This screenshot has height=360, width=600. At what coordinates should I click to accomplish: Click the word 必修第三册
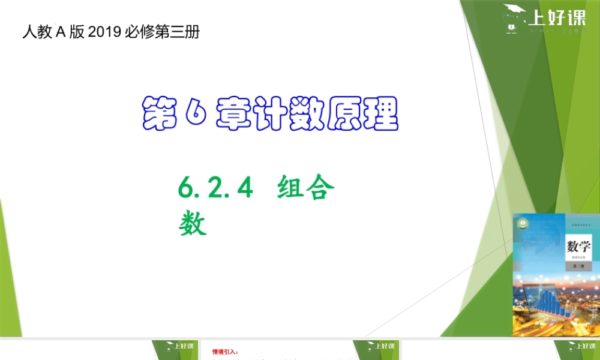pos(161,32)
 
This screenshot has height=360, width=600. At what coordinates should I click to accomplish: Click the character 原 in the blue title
pos(341,113)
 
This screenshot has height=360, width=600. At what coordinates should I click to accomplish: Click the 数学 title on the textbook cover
pos(578,246)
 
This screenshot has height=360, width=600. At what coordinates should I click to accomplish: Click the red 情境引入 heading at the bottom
pos(225,352)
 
